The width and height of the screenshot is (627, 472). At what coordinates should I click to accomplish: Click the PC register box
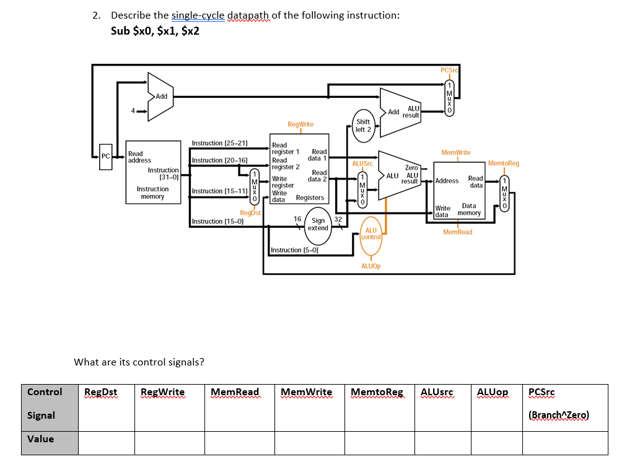click(106, 156)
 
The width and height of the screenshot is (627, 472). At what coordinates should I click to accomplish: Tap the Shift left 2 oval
click(363, 125)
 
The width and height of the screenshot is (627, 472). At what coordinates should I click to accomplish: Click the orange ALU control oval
click(370, 234)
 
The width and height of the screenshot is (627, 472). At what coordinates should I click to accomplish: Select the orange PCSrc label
click(449, 70)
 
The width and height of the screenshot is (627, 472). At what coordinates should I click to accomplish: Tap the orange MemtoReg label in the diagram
click(503, 163)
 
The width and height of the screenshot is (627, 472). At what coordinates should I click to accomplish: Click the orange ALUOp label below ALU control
click(370, 265)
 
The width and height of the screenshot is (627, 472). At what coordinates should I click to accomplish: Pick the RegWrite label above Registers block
click(300, 125)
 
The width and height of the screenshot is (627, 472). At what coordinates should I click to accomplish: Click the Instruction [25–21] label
click(220, 143)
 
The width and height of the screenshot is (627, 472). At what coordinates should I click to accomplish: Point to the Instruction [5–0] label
click(294, 250)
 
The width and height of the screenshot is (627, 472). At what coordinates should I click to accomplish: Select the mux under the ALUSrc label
click(363, 190)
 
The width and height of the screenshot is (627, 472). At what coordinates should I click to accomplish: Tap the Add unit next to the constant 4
click(160, 96)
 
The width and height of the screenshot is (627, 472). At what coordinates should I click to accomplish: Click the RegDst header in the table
click(100, 392)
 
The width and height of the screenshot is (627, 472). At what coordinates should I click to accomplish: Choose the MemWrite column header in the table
click(306, 392)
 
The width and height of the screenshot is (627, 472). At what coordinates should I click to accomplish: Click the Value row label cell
click(41, 439)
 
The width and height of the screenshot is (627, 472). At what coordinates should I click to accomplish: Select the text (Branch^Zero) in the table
click(558, 415)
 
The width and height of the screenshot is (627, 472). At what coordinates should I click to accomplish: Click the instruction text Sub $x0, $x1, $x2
click(155, 31)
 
